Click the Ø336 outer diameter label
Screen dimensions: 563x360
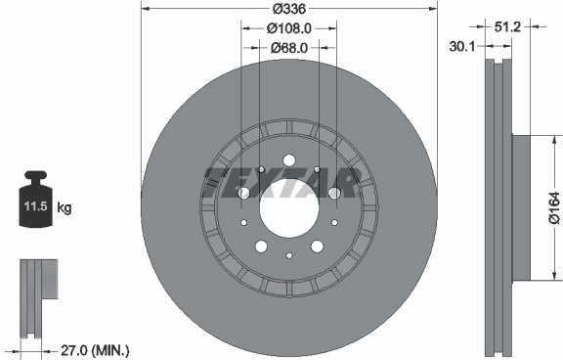click(x=289, y=8)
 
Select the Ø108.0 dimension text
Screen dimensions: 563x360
click(x=289, y=28)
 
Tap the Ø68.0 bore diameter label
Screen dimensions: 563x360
click(x=289, y=47)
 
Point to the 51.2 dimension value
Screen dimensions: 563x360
click(x=507, y=26)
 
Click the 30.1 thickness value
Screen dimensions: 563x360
click(x=461, y=46)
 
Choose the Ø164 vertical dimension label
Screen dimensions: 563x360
click(x=554, y=208)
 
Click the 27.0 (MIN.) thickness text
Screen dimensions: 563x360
click(x=95, y=349)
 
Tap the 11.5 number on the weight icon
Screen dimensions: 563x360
click(x=35, y=206)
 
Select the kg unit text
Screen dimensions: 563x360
click(x=65, y=207)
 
